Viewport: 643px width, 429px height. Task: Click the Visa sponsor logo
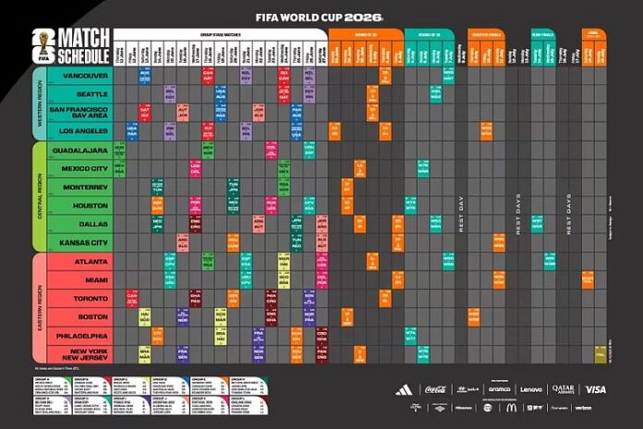click(x=596, y=389)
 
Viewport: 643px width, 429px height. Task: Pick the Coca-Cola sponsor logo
click(x=434, y=389)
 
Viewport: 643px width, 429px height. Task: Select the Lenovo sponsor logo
click(x=531, y=389)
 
